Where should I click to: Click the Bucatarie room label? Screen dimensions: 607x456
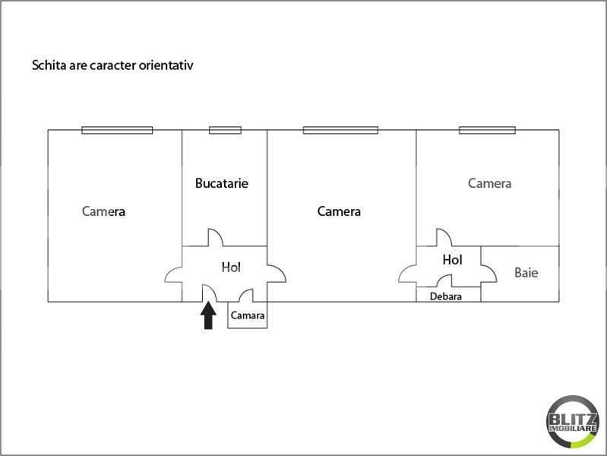point(221,183)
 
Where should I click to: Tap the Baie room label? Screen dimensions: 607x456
point(526,273)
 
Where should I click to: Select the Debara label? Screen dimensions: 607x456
point(446,296)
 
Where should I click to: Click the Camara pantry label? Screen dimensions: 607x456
point(248,315)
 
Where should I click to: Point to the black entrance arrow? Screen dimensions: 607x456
point(208,315)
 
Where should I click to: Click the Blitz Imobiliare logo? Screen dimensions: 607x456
point(572,422)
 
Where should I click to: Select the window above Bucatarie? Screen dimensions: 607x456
point(225,130)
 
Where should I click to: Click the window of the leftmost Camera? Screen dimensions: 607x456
point(117,130)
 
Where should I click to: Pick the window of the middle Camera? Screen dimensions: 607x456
point(340,130)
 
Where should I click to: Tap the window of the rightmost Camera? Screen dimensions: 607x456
point(487,130)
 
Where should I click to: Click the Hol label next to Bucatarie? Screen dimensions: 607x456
point(231,267)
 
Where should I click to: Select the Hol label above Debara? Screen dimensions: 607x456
point(452,260)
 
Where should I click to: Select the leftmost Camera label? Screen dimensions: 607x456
point(103,211)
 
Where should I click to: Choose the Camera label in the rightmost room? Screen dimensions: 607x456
point(489,183)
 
